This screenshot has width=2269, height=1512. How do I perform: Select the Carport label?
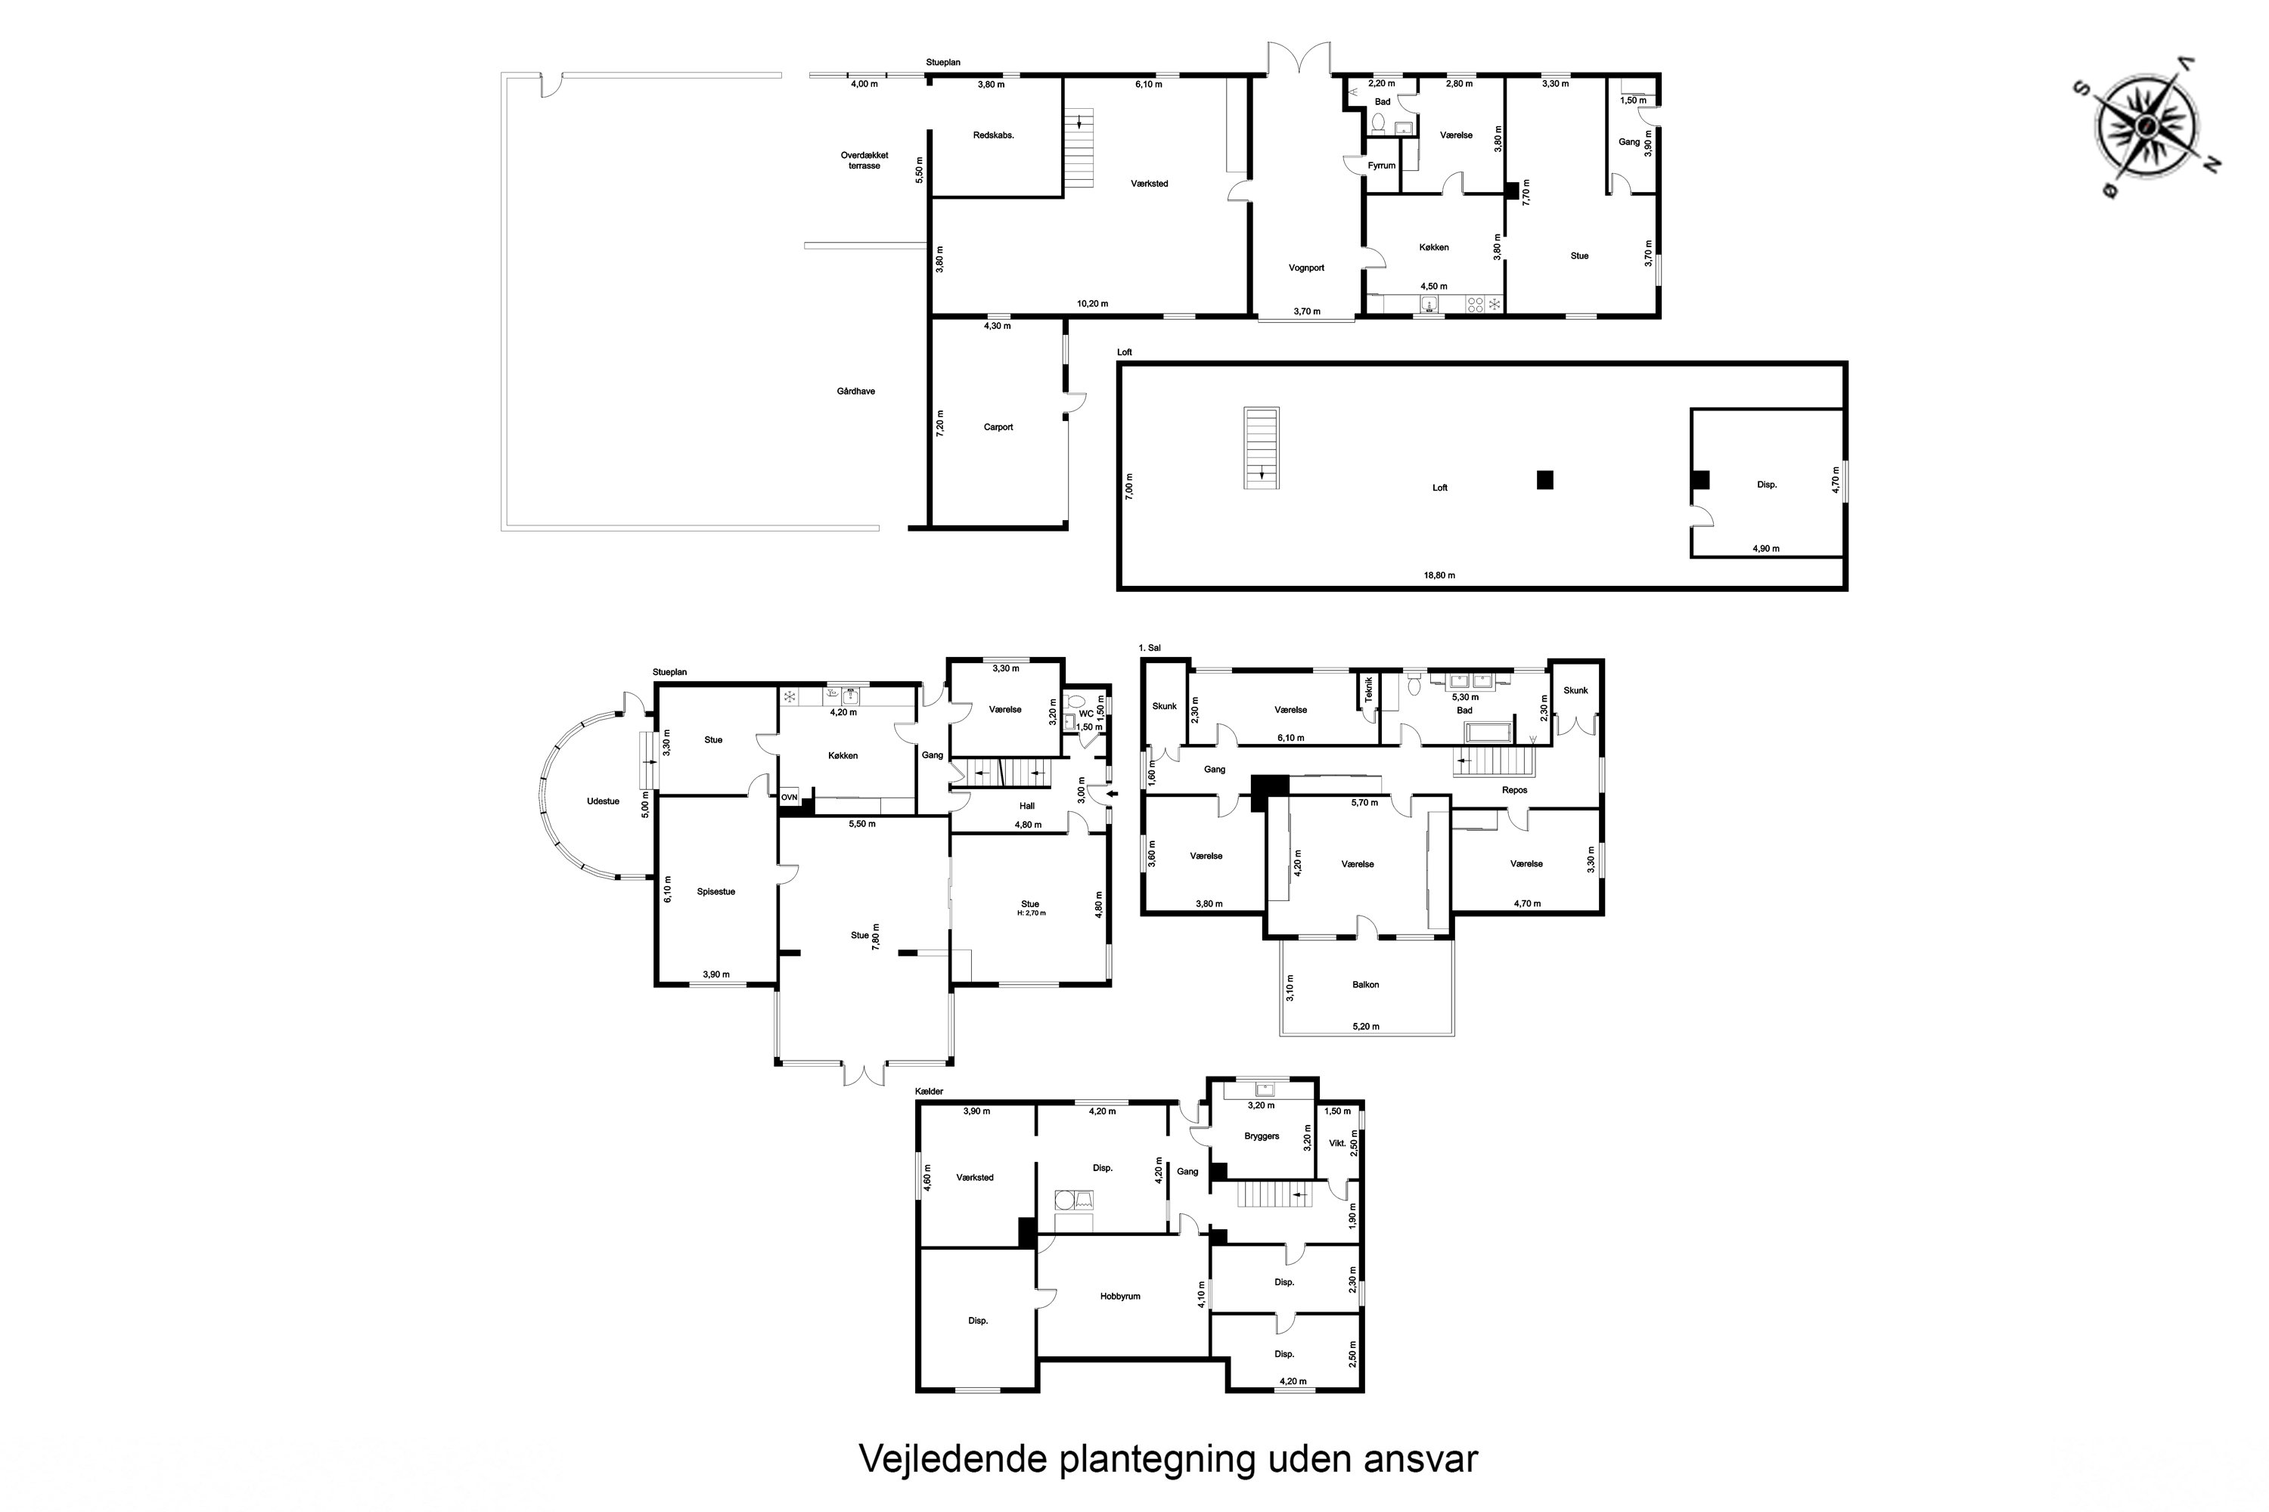point(998,427)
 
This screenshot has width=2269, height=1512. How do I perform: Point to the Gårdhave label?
point(855,392)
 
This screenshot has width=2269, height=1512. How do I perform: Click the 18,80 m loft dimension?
point(1439,575)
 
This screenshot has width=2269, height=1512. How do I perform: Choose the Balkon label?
point(1365,984)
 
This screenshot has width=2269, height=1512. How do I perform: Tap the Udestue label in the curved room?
point(603,801)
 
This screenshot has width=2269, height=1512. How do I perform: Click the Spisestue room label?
point(715,892)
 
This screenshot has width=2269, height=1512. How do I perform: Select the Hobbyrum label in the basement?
point(1120,1296)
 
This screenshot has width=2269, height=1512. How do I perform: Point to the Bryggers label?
point(1261,1136)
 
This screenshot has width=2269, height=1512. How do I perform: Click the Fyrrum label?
point(1382,166)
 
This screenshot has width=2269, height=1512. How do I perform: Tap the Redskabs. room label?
point(994,135)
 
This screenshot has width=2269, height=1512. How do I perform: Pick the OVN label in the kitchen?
point(789,798)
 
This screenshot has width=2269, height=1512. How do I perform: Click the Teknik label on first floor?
point(1368,689)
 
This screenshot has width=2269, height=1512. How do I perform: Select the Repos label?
point(1515,790)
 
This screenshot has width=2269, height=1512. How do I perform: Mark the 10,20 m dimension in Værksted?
point(1092,304)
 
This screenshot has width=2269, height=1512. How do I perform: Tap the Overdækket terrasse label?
point(864,160)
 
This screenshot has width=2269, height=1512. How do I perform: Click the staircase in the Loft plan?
point(1261,448)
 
